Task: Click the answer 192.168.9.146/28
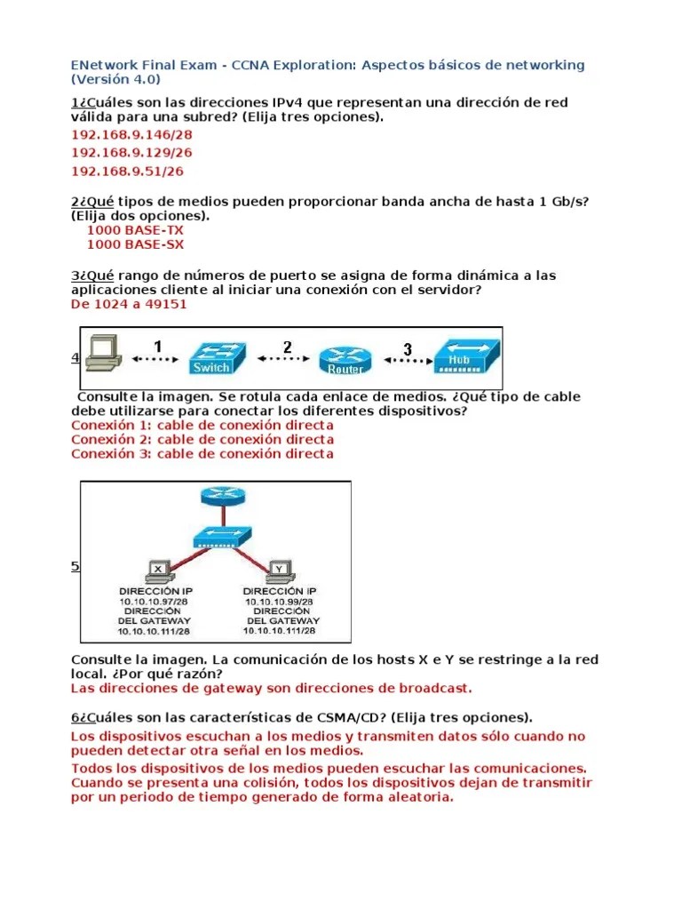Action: [x=131, y=135]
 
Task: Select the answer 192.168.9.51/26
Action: [x=127, y=172]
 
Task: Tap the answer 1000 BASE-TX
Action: [x=135, y=230]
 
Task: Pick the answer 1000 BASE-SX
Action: [x=135, y=244]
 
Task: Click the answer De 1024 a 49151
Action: [x=129, y=304]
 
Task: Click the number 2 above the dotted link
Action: [x=287, y=347]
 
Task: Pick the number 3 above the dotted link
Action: [x=408, y=348]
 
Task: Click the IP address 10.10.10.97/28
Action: [x=154, y=602]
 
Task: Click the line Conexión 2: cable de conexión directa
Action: [x=202, y=439]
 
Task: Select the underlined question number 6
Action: [x=75, y=717]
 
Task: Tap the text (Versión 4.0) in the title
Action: [x=115, y=79]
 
